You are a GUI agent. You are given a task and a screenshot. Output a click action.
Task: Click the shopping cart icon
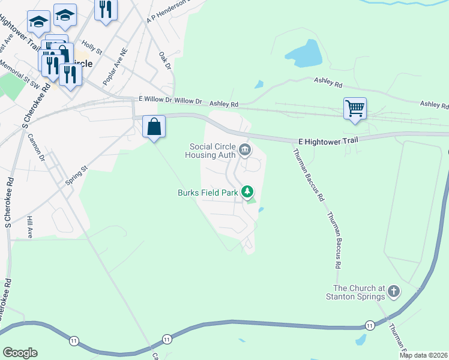tap(355, 109)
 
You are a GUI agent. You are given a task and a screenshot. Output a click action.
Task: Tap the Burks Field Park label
tap(208, 193)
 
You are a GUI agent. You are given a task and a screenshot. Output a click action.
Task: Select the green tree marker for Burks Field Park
tap(247, 192)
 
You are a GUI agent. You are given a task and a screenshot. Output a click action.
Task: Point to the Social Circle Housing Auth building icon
tap(245, 149)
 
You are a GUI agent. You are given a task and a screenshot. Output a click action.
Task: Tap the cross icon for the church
tap(394, 292)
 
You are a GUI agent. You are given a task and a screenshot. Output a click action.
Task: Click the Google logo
tap(20, 353)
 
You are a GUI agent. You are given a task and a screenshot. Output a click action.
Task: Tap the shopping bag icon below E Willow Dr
tap(154, 127)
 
